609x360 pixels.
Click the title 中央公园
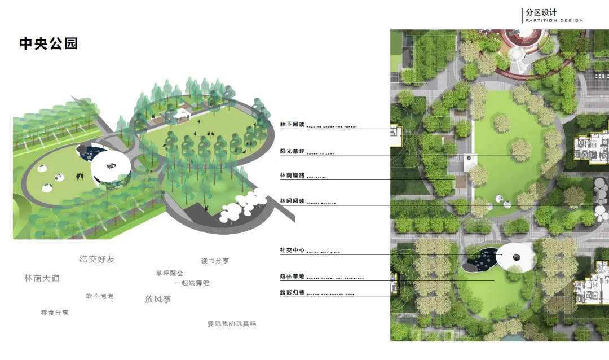[x=48, y=44]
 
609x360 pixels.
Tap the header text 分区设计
[x=541, y=12]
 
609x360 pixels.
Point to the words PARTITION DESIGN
[x=554, y=20]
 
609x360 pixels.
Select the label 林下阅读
[x=292, y=124]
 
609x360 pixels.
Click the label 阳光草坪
[x=292, y=151]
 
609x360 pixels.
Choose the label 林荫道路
[x=292, y=175]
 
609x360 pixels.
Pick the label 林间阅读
[x=292, y=200]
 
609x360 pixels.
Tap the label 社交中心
[x=292, y=250]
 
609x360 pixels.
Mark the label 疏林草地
[x=292, y=276]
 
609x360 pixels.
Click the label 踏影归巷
[x=292, y=293]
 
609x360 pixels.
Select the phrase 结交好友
[x=97, y=260]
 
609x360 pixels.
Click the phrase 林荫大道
[x=42, y=278]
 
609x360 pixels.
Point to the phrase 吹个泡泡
[x=100, y=296]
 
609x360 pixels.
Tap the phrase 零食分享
[x=55, y=313]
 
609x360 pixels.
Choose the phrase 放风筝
[x=158, y=299]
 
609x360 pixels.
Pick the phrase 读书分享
[x=215, y=261]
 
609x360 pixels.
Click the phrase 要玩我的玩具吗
[x=232, y=323]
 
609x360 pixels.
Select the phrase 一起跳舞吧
[x=192, y=283]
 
